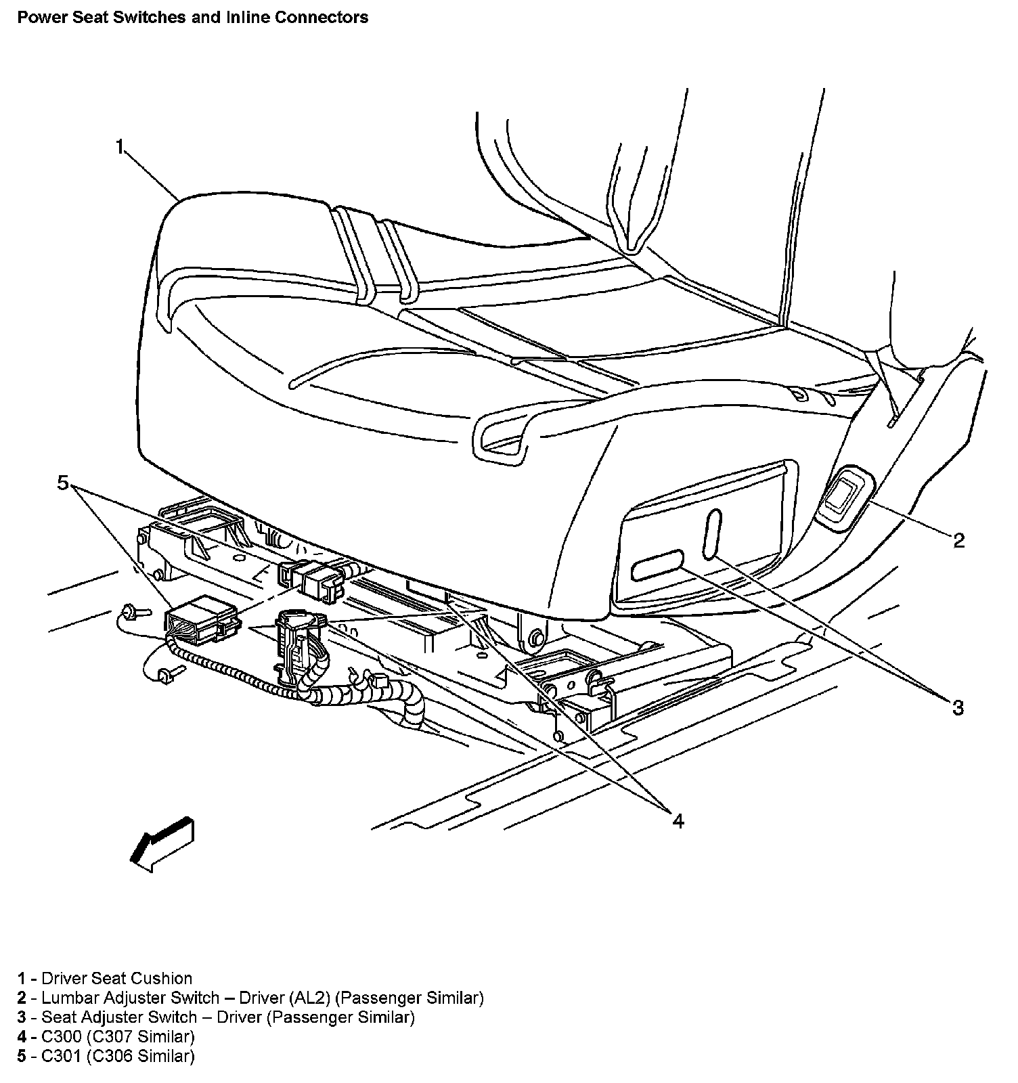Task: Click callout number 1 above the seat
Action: (x=120, y=147)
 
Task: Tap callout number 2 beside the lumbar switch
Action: (x=958, y=540)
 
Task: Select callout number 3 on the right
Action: (x=957, y=708)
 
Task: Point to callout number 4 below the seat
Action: (x=678, y=820)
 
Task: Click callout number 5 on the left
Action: (x=62, y=483)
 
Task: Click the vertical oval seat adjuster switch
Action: (x=712, y=534)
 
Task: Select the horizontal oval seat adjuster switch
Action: (x=657, y=565)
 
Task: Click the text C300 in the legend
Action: (x=62, y=1036)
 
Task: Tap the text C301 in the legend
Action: (x=62, y=1056)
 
